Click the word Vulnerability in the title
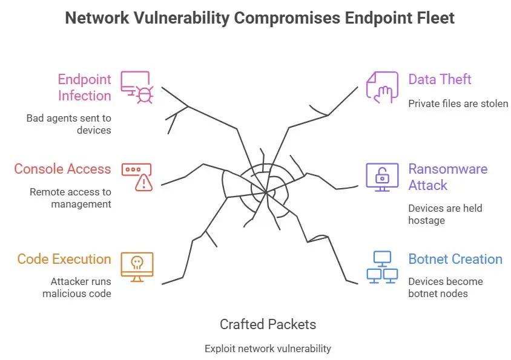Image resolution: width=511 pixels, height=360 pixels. (x=181, y=18)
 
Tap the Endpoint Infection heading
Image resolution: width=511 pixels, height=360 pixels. (x=84, y=88)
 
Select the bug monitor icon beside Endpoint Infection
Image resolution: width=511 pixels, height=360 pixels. (x=137, y=87)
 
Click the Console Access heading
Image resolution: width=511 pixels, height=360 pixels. (x=63, y=169)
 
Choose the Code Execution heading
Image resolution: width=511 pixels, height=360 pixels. (x=64, y=259)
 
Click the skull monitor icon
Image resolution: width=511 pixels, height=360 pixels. (x=137, y=267)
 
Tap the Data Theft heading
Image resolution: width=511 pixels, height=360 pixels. (x=440, y=79)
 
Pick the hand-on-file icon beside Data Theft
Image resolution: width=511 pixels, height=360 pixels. (x=382, y=87)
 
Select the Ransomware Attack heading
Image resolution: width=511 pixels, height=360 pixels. (x=447, y=177)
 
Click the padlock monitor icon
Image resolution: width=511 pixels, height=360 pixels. (x=382, y=177)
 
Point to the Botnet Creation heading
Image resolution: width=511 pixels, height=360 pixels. (x=455, y=259)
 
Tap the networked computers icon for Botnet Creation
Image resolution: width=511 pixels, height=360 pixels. (x=382, y=267)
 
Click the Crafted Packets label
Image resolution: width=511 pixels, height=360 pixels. (x=268, y=324)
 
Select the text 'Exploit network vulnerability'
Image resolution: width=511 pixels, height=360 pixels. (x=268, y=349)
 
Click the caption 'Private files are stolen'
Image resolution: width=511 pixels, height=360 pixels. (x=458, y=103)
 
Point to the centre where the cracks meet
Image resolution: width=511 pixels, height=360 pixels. (x=266, y=192)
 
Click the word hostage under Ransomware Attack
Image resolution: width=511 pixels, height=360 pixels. (x=426, y=220)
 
